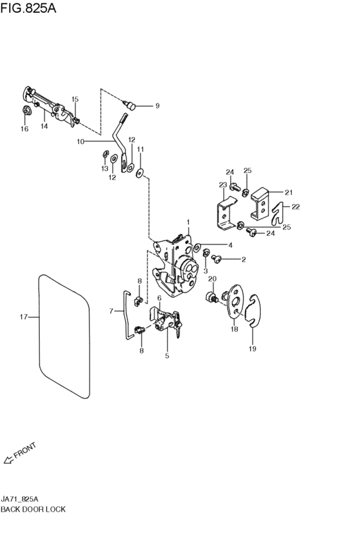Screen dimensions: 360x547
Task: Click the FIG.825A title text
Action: [x=28, y=8]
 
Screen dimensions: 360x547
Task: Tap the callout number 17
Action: [x=23, y=317]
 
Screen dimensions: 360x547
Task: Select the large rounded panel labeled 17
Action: [x=39, y=335]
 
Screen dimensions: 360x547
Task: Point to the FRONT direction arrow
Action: [x=8, y=460]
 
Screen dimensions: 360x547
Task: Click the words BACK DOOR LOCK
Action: [x=33, y=509]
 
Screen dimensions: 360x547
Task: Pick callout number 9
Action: [x=157, y=105]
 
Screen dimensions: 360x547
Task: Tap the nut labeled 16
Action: [x=26, y=111]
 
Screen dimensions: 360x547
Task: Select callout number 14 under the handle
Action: [x=44, y=126]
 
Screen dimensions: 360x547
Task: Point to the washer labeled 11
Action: [x=140, y=173]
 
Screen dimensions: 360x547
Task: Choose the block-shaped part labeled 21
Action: [x=260, y=204]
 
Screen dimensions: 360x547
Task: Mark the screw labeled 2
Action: [x=217, y=258]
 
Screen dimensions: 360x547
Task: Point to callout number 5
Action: [x=166, y=356]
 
